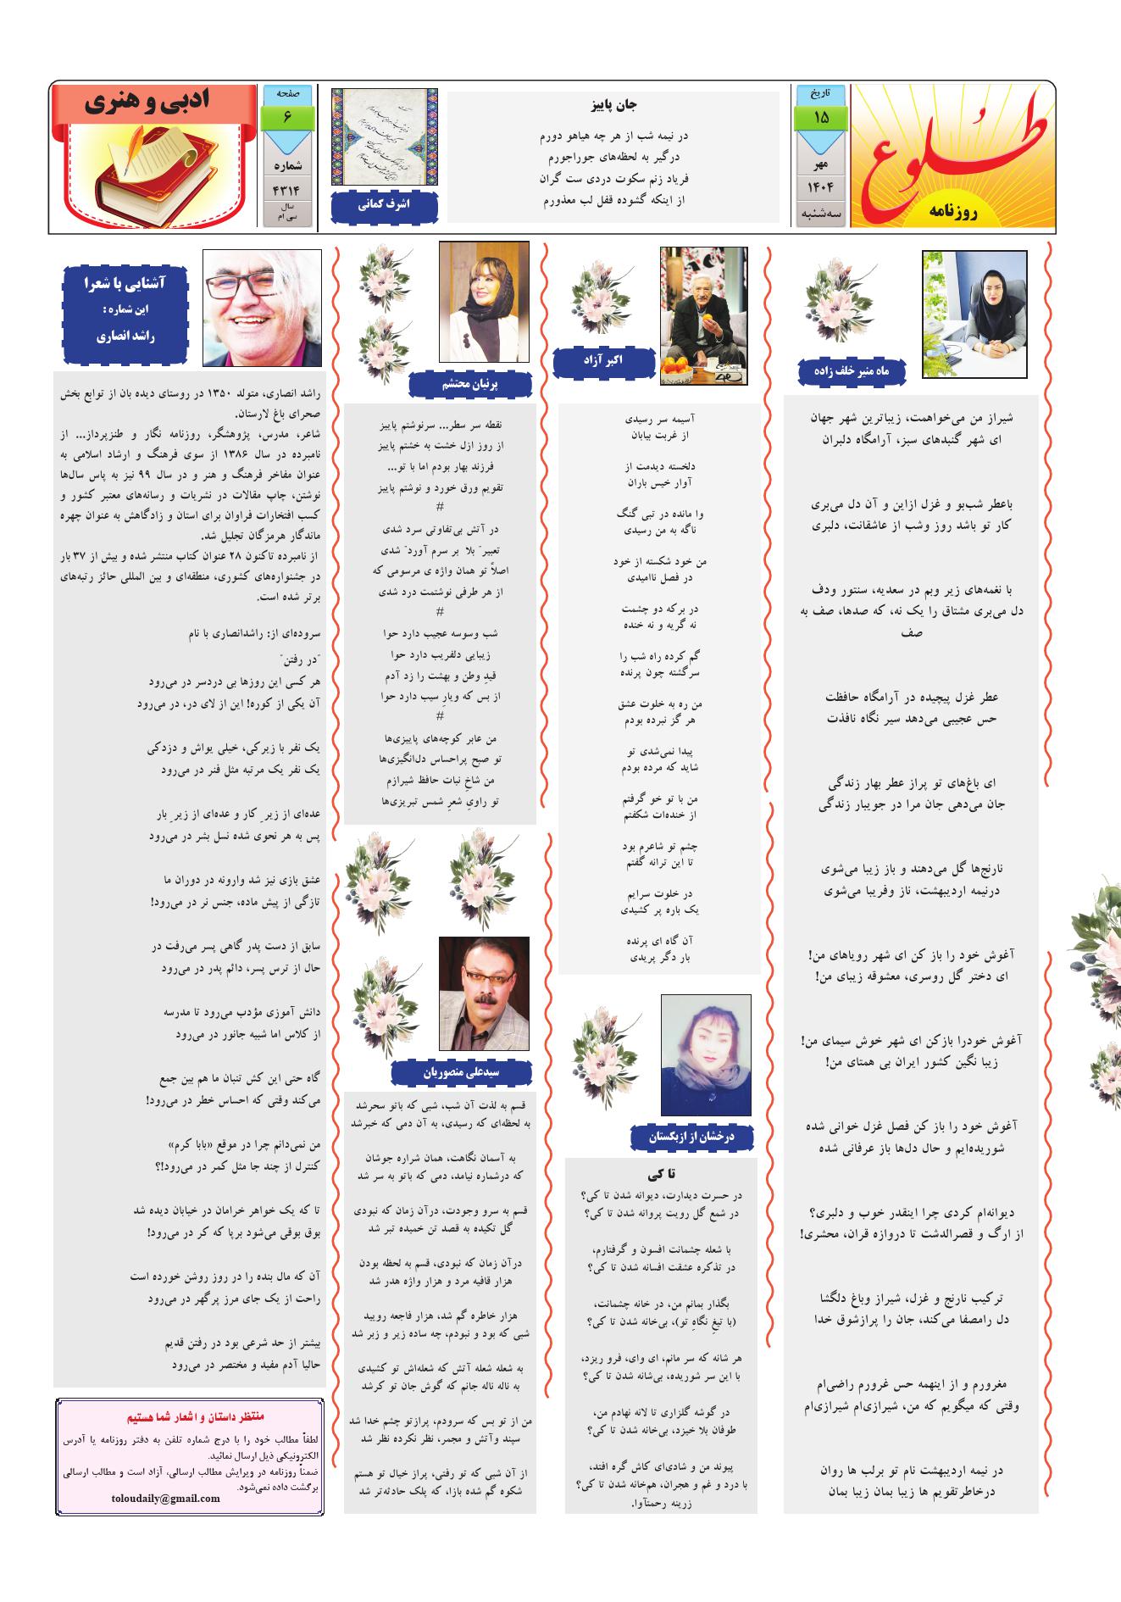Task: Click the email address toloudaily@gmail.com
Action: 166,1499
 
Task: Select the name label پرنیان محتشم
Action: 469,384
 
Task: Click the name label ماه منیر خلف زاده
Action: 852,371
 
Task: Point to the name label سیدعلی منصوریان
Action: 463,1072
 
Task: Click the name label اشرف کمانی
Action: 384,205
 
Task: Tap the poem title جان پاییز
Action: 613,106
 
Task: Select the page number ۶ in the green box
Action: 287,117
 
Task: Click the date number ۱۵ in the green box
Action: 820,117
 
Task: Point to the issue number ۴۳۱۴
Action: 288,189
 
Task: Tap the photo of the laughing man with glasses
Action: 262,308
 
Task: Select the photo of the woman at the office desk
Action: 974,314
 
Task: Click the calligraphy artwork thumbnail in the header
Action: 384,138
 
